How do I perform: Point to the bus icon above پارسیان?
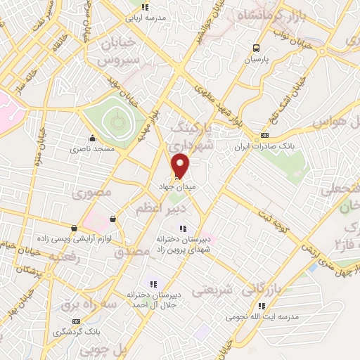[256, 49]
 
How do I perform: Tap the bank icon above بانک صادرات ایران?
[264, 135]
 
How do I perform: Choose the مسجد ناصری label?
[89, 149]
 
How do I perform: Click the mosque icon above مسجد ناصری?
[91, 138]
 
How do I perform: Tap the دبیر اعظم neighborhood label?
[162, 209]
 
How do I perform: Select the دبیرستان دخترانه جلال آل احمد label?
[156, 299]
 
